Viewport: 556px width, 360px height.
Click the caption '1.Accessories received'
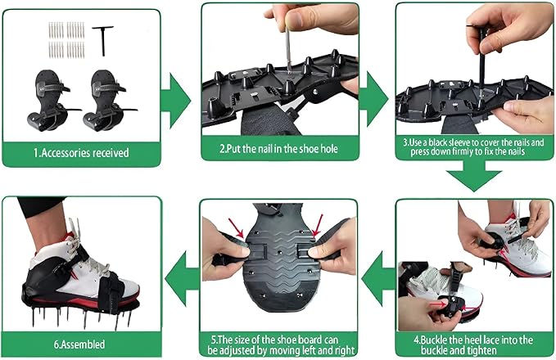(80, 152)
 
